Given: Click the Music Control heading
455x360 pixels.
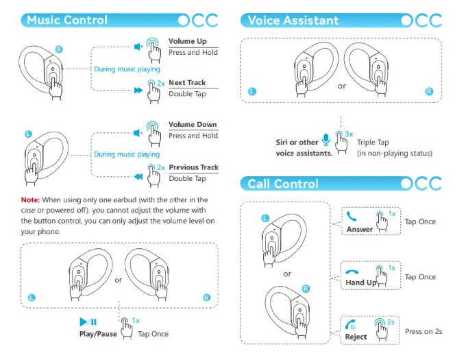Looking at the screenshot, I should point(66,20).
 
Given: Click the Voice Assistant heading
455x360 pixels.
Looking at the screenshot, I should point(293,20).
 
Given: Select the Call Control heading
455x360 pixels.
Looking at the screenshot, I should point(283,184).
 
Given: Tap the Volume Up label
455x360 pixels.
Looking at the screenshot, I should point(187,41).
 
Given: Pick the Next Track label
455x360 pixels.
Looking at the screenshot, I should point(187,83).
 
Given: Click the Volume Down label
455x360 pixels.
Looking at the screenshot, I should point(193,125).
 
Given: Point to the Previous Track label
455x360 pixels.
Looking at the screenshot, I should point(193,167).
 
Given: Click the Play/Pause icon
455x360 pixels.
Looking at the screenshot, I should point(88,322).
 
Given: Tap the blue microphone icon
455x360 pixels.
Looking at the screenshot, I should point(325,139).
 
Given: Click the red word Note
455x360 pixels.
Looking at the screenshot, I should point(29,200).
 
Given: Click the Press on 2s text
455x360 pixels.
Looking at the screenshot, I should point(423,331).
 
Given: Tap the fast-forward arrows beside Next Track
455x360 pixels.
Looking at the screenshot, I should point(138,90).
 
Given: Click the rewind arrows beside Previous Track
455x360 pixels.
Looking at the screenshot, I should point(138,176).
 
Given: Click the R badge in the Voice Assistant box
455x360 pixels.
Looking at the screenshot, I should point(430,91).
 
